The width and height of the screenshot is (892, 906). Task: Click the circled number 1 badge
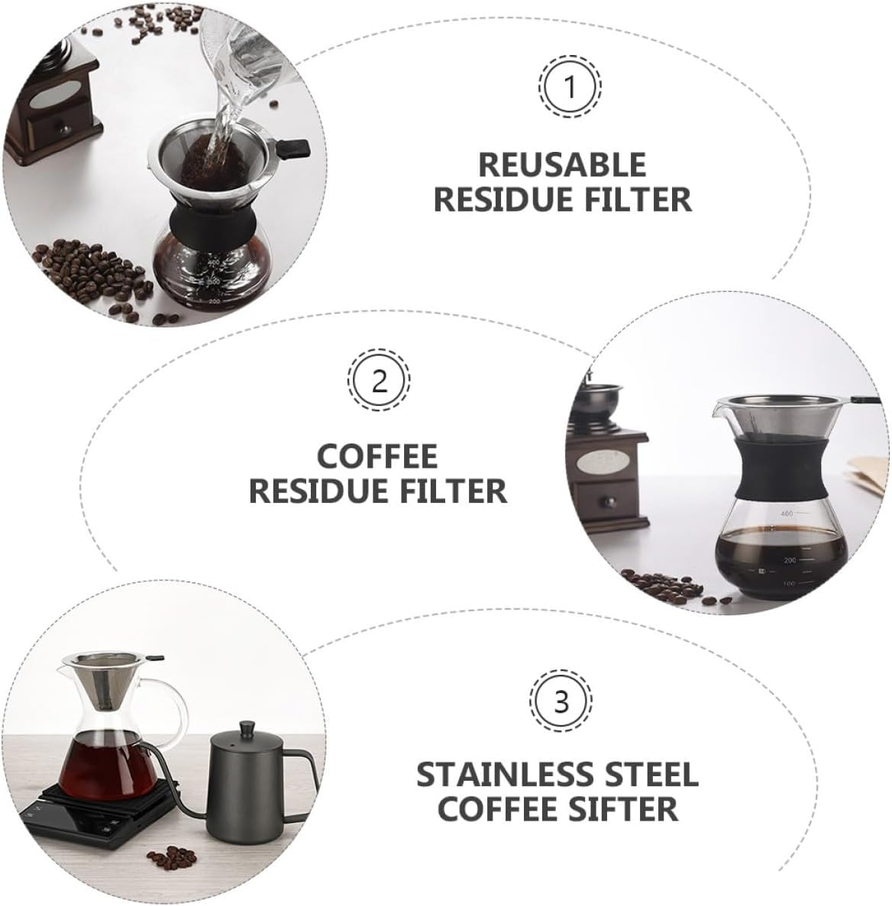570,88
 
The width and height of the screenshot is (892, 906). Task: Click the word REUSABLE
562,165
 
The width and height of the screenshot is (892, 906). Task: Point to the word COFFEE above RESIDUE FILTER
378,456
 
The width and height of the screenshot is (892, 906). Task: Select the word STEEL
654,774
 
